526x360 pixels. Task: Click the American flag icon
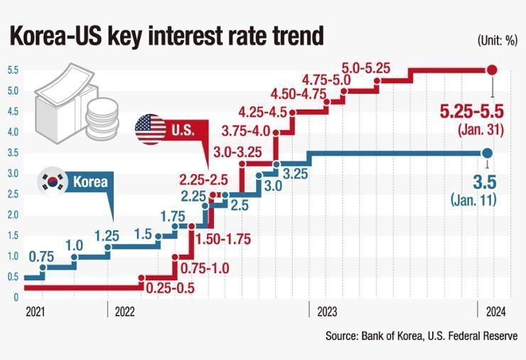point(150,129)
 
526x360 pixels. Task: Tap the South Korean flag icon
point(53,181)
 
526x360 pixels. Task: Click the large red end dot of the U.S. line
point(492,70)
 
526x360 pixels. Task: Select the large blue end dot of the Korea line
point(487,153)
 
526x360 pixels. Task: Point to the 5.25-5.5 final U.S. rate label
point(472,112)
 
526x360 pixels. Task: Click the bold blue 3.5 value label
point(484,182)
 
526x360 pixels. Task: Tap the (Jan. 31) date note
point(481,130)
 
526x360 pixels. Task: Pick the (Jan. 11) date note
point(473,200)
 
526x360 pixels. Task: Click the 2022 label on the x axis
point(124,312)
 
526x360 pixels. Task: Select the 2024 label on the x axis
point(495,312)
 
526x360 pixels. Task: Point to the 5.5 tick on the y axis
point(13,70)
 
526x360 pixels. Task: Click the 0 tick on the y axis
point(16,297)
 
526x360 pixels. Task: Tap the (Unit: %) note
point(497,41)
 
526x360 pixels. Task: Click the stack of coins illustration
point(102,119)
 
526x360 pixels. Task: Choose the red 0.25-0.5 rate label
point(171,288)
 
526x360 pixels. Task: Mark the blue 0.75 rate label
point(41,257)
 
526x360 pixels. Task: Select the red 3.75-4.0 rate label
point(245,131)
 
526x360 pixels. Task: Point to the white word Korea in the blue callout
point(90,181)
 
